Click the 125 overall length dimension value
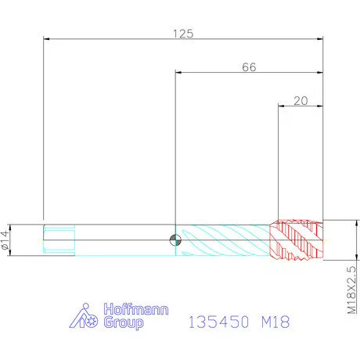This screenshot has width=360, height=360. tap(183, 34)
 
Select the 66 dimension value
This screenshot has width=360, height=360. tap(249, 67)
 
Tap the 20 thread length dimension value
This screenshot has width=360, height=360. tap(301, 101)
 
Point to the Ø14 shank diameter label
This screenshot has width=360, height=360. tap(5, 240)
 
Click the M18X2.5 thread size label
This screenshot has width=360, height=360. tap(351, 290)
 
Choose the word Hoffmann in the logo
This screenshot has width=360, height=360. tap(136, 309)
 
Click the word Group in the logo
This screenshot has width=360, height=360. tap(124, 323)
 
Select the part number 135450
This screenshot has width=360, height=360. tap(218, 322)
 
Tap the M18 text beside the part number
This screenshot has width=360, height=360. tap(275, 322)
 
